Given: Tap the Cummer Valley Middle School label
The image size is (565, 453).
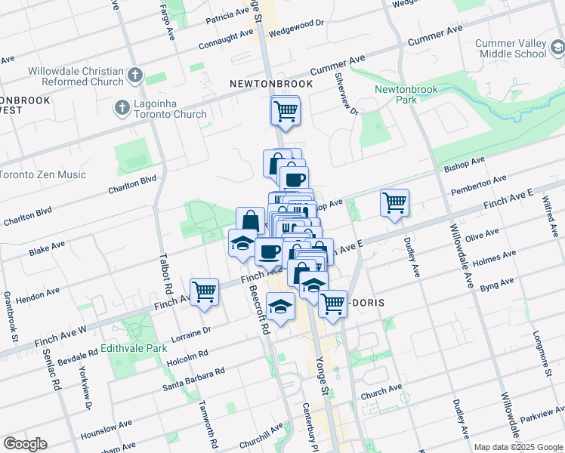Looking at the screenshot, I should tap(511, 48).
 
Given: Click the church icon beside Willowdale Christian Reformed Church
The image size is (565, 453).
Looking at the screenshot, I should tap(135, 75).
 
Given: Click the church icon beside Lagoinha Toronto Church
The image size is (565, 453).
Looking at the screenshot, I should tap(122, 109).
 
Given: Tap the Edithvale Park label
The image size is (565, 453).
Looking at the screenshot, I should tap(133, 349).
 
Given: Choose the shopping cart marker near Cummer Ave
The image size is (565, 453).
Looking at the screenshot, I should tap(286, 111).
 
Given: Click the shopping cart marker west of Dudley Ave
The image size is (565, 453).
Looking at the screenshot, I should tap(394, 202).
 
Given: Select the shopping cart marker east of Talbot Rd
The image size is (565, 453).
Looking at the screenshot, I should tap(205, 291).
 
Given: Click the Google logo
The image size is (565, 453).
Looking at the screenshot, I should tap(25, 444).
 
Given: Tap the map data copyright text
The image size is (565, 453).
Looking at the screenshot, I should tap(519, 447).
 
